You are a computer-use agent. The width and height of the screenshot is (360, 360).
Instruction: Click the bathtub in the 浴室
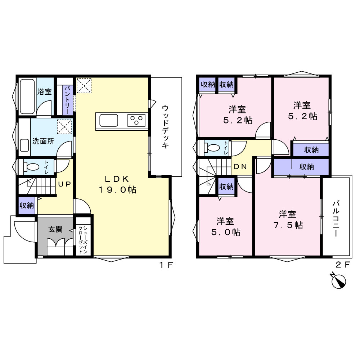coord(27,96)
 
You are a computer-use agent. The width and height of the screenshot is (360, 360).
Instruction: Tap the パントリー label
coord(68,100)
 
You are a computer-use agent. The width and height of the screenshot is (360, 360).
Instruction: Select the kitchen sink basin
coord(109,120)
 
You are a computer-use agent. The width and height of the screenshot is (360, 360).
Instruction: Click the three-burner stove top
coord(136,120)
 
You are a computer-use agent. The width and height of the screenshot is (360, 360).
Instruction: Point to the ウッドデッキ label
coord(165,127)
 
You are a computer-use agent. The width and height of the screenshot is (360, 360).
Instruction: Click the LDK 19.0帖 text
coord(117,184)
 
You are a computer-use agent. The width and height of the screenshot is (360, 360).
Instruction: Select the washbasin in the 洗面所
coord(24,145)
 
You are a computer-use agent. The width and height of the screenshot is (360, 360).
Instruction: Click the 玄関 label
coord(55,229)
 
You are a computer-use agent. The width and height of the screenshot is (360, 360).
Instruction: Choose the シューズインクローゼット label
coord(83,240)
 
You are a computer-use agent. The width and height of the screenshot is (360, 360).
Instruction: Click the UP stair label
coord(64,184)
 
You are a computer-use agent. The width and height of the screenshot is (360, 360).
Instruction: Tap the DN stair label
coord(240,166)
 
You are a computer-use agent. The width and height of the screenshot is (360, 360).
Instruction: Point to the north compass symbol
coord(338,281)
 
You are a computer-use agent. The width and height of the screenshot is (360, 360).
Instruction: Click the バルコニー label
coord(336,219)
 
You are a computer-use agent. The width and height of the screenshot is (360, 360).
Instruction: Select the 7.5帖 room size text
coord(288,225)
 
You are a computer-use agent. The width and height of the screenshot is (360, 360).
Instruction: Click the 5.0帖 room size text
coord(226,232)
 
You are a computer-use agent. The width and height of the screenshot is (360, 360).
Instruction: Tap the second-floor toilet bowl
coord(212,147)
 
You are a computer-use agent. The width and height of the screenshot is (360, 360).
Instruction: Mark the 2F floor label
coord(343,265)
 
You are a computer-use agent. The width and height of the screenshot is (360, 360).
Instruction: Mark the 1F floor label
coord(166,265)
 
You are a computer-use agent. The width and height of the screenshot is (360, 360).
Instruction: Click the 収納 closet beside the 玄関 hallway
coord(27,206)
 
